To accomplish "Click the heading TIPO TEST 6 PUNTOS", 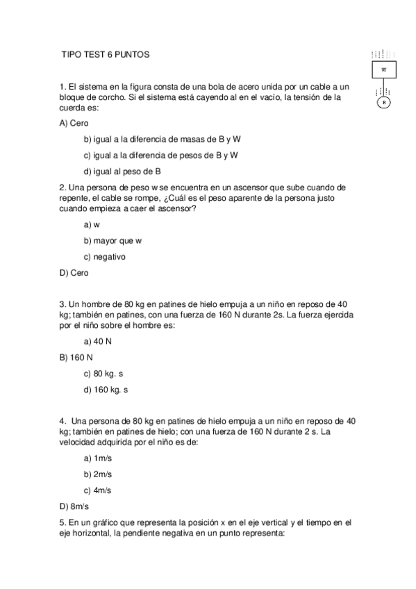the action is [x=105, y=54].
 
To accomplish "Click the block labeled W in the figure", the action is [x=383, y=70].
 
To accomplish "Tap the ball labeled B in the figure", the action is [x=383, y=103].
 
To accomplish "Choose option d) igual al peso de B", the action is [x=122, y=172].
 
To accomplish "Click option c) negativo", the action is [x=104, y=257].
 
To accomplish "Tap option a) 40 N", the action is [x=98, y=342].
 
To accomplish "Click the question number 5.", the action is [x=63, y=522].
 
